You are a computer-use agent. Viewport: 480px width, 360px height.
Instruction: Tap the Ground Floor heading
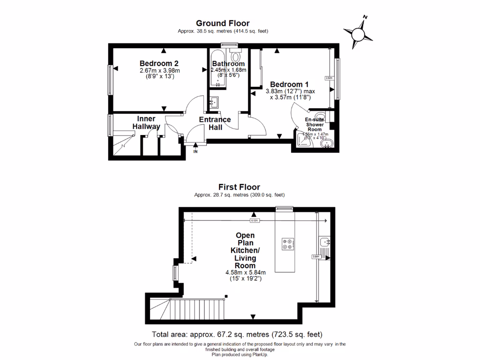223,23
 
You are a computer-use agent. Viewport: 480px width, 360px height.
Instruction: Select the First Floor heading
240,187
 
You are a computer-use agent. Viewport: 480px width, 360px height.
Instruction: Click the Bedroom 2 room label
159,63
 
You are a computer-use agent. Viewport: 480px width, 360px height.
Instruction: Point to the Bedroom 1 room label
286,84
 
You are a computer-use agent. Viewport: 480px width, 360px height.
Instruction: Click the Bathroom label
228,64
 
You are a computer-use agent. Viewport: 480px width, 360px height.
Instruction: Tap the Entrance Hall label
215,123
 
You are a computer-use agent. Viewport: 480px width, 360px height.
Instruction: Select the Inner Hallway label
146,122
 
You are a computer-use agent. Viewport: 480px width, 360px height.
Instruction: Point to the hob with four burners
287,244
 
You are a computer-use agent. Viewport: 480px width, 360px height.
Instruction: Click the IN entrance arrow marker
195,150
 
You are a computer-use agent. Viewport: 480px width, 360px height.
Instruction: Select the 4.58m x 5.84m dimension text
246,272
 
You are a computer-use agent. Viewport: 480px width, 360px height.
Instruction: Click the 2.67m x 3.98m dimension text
159,70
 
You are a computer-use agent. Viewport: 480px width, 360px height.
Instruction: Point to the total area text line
237,335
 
